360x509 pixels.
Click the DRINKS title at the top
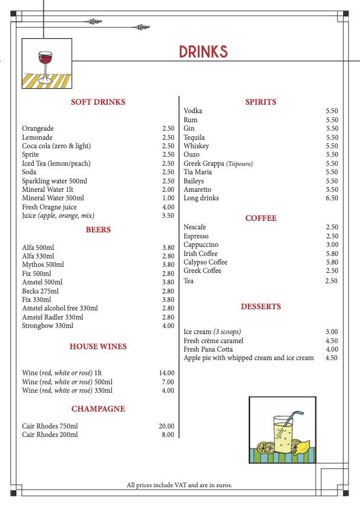pyautogui.click(x=203, y=52)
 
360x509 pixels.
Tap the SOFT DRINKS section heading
pyautogui.click(x=98, y=102)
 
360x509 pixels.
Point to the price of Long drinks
pyautogui.click(x=332, y=199)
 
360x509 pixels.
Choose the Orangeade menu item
pyautogui.click(x=38, y=129)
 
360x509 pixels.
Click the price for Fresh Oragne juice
pyautogui.click(x=168, y=207)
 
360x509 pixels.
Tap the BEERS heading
pyautogui.click(x=98, y=230)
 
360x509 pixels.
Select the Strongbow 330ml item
pyautogui.click(x=47, y=326)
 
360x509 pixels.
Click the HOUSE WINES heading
pyautogui.click(x=98, y=347)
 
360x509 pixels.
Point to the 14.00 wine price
pyautogui.click(x=166, y=373)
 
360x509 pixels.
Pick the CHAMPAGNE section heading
pyautogui.click(x=98, y=409)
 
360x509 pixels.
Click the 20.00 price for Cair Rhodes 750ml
pyautogui.click(x=166, y=426)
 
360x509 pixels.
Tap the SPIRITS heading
pyautogui.click(x=261, y=102)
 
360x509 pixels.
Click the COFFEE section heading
pyautogui.click(x=261, y=218)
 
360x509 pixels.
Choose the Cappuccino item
pyautogui.click(x=201, y=245)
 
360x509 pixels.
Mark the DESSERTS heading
pyautogui.click(x=261, y=307)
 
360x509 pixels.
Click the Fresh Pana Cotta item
pyautogui.click(x=210, y=349)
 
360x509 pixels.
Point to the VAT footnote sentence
pyautogui.click(x=180, y=485)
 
